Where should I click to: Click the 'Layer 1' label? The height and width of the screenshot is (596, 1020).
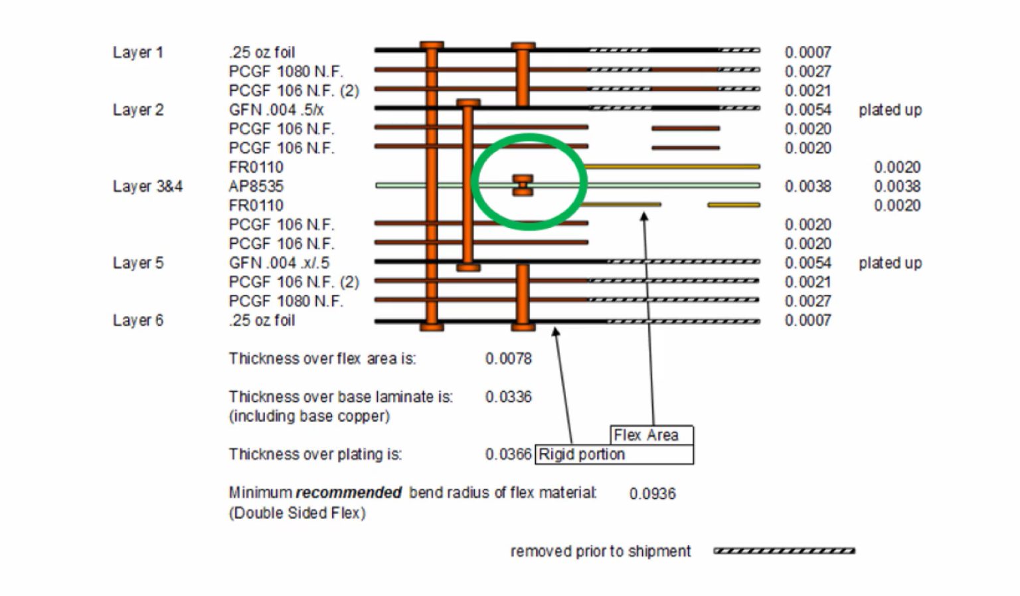pyautogui.click(x=137, y=52)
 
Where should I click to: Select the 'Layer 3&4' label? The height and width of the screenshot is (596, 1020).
pyautogui.click(x=147, y=187)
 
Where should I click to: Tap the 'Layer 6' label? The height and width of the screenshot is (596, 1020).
pyautogui.click(x=137, y=320)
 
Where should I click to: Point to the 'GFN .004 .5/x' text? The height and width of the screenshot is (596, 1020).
pyautogui.click(x=276, y=110)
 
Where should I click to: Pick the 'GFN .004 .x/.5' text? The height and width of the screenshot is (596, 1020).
pyautogui.click(x=279, y=263)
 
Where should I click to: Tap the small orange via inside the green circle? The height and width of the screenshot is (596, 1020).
pyautogui.click(x=523, y=185)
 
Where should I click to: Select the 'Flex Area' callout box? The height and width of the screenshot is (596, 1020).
pyautogui.click(x=651, y=435)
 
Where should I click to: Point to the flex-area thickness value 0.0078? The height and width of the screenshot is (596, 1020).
pyautogui.click(x=508, y=359)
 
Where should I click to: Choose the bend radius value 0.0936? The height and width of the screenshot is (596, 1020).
pyautogui.click(x=652, y=494)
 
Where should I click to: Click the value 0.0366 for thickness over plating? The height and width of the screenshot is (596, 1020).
pyautogui.click(x=508, y=454)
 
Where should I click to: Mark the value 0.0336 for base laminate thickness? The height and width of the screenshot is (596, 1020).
pyautogui.click(x=508, y=397)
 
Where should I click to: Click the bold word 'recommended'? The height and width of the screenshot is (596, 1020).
pyautogui.click(x=349, y=493)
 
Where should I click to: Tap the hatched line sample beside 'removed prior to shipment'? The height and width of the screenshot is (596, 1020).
pyautogui.click(x=784, y=551)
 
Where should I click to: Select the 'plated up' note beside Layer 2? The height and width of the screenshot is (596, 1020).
pyautogui.click(x=890, y=110)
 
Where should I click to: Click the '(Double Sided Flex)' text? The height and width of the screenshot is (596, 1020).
pyautogui.click(x=297, y=513)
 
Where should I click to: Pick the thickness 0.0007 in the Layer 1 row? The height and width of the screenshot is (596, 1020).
pyautogui.click(x=807, y=52)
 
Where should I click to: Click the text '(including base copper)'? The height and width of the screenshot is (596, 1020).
pyautogui.click(x=309, y=417)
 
